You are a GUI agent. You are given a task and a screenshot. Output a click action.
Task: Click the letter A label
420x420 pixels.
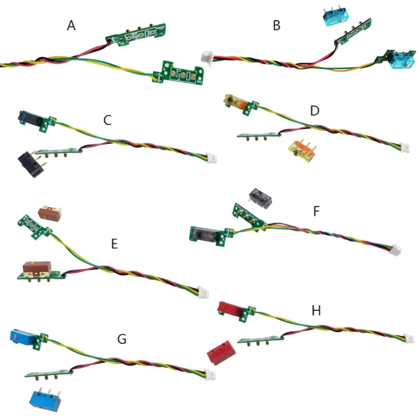click(72, 25)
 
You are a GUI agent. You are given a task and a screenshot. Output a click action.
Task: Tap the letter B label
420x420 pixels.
click(277, 25)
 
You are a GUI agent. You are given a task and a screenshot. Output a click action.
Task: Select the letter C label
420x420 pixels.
click(108, 120)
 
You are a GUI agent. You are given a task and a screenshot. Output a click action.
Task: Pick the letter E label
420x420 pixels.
click(114, 244)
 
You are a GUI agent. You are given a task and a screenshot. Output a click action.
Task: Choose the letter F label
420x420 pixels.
click(316, 211)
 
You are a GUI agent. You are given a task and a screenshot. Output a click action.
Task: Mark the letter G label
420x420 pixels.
click(122, 339)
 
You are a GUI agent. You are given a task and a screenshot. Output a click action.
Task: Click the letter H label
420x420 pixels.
click(316, 310)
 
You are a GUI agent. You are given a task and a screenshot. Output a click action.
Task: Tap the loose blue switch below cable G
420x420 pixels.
click(46, 397)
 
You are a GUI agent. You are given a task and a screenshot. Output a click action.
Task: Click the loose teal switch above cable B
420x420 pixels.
click(332, 17)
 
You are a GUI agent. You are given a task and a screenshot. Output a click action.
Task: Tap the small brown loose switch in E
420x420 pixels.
click(51, 213)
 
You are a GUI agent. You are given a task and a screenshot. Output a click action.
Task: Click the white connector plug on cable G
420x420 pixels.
click(212, 375)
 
